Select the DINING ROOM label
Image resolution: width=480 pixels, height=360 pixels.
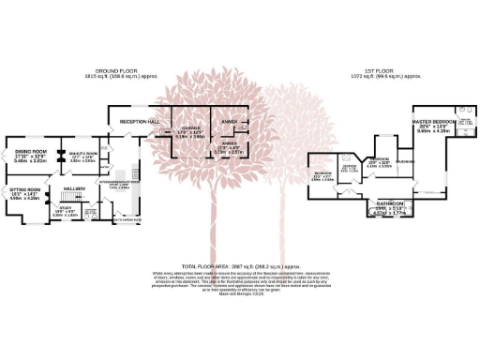coord(31,151)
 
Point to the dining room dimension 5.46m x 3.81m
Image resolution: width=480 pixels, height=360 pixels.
coord(31,161)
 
